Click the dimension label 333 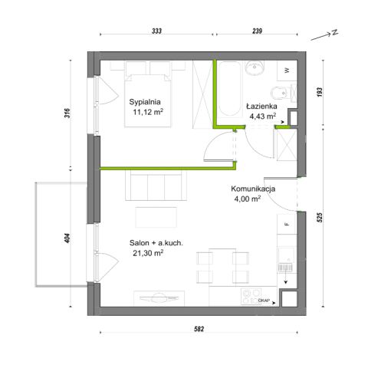[x=156, y=31]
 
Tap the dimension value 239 [x=257, y=31]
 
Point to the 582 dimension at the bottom [x=199, y=329]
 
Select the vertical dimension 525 [x=320, y=218]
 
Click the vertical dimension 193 [x=320, y=92]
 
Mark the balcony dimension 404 [x=67, y=238]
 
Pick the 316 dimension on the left [x=67, y=113]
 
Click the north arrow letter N [x=335, y=32]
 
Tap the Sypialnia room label [x=145, y=102]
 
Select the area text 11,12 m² [x=148, y=112]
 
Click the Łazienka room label [x=261, y=106]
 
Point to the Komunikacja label [x=253, y=189]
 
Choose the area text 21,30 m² [x=148, y=253]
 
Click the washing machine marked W [x=287, y=71]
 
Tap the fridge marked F [x=287, y=224]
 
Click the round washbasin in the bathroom [x=255, y=67]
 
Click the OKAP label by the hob [x=263, y=301]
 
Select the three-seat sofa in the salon [x=156, y=186]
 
